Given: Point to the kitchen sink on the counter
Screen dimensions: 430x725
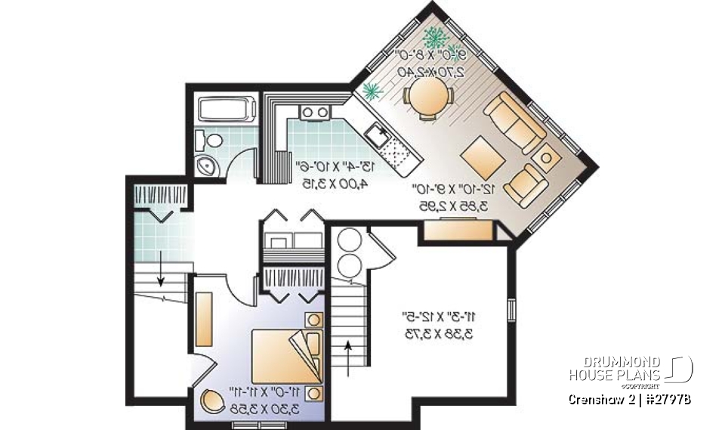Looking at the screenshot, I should [377, 136].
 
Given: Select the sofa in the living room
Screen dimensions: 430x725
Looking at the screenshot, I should [514, 122].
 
